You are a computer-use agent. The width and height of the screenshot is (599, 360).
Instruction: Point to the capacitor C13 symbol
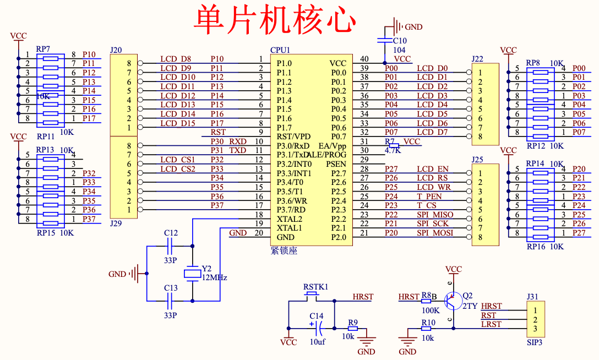[x=171, y=301]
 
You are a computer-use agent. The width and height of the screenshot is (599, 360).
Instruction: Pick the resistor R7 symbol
[x=393, y=145]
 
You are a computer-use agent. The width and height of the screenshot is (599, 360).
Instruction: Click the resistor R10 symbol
[x=426, y=329]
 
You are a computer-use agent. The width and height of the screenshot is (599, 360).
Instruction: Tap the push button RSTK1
[x=312, y=296]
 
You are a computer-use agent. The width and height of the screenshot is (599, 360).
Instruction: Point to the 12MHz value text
[x=215, y=277]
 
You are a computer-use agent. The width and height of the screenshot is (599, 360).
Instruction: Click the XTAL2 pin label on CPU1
[x=290, y=219]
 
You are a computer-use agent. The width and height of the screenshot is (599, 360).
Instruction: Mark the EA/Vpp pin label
[x=332, y=146]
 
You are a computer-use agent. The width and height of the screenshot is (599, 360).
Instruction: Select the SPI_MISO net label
[x=435, y=215]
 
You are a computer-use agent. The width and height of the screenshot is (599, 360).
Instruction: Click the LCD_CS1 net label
[x=178, y=160]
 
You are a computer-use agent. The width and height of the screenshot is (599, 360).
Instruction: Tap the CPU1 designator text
[x=280, y=50]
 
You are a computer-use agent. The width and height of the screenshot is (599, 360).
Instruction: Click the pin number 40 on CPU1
[x=364, y=59]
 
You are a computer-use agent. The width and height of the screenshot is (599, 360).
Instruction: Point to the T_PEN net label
[x=429, y=197]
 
